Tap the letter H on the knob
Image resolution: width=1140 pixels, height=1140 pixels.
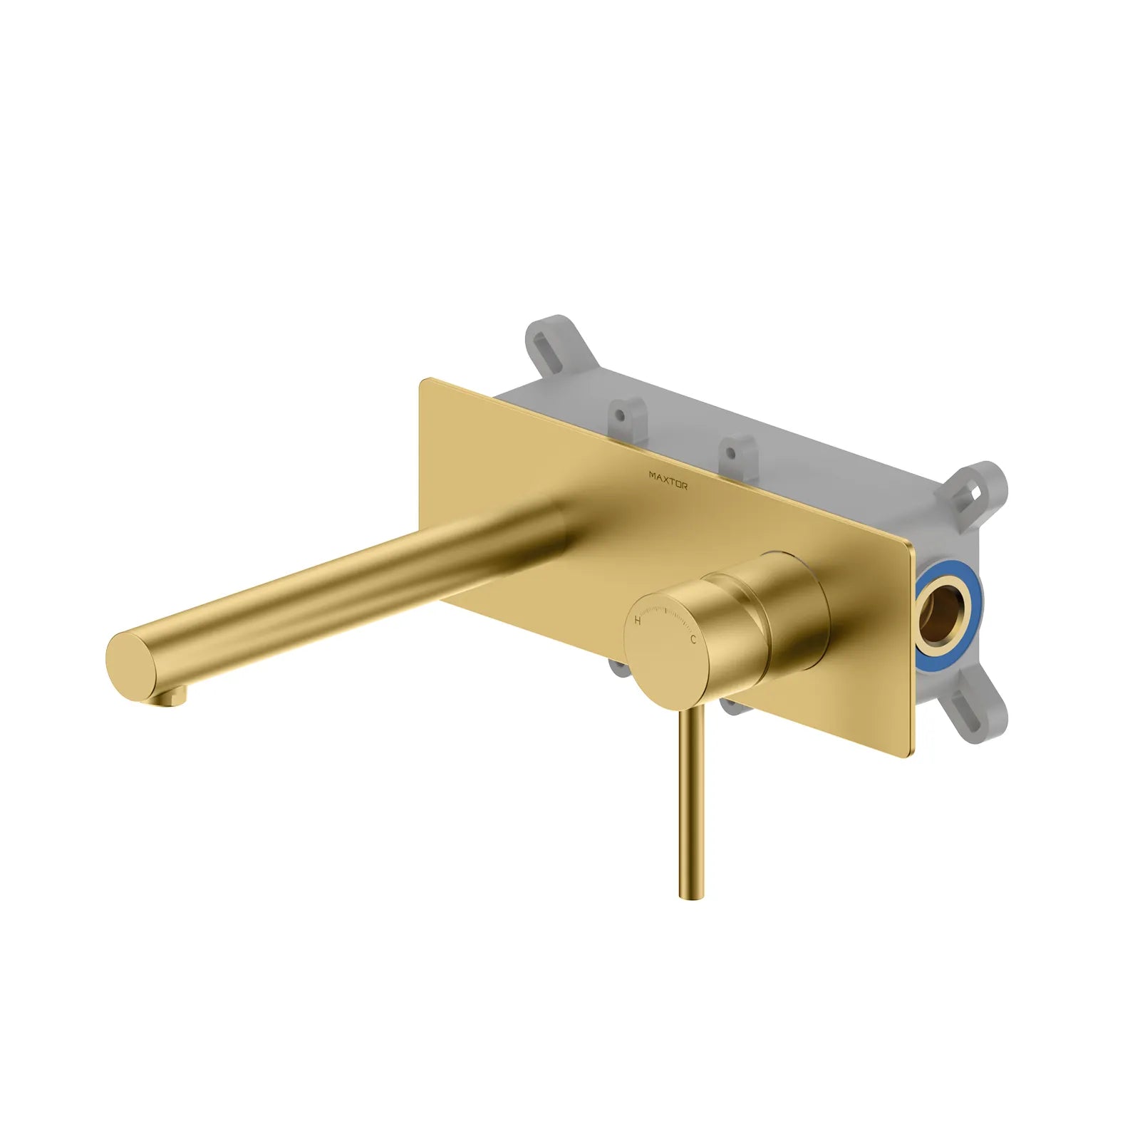(x=638, y=621)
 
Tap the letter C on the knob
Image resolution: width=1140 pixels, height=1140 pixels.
(x=692, y=640)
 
